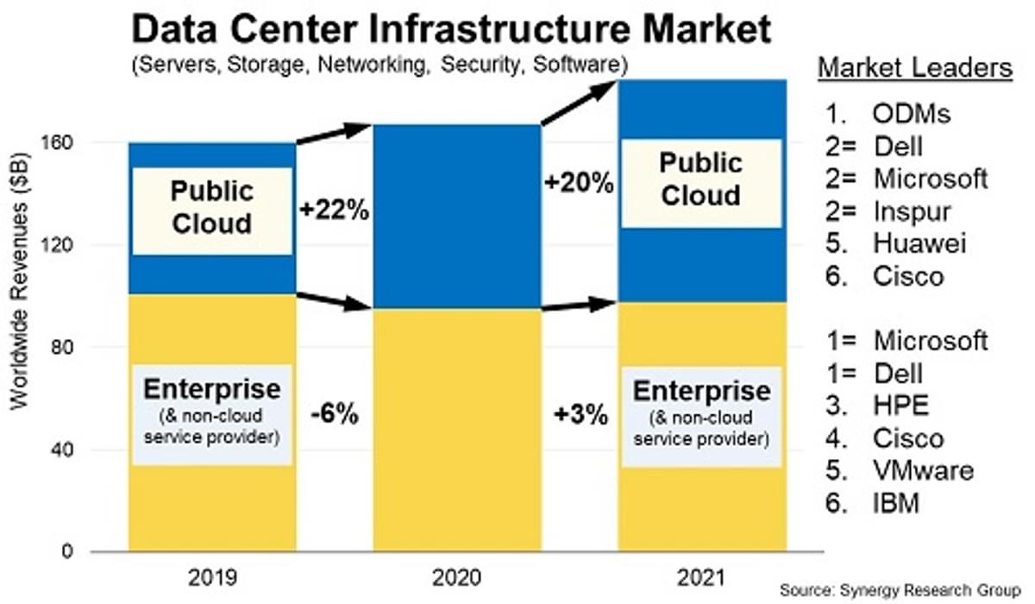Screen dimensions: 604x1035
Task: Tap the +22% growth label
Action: (x=335, y=210)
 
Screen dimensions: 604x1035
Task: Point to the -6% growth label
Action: (x=334, y=414)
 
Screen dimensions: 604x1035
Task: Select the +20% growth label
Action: (x=579, y=182)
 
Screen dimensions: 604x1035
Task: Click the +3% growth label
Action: (x=580, y=414)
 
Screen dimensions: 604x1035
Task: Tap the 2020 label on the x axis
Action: (x=457, y=576)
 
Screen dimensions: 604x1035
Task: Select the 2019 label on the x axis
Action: (x=212, y=576)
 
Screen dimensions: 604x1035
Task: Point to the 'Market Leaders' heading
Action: (x=914, y=68)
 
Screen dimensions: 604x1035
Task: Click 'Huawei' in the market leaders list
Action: (x=920, y=243)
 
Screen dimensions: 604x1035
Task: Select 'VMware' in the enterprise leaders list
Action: (x=924, y=470)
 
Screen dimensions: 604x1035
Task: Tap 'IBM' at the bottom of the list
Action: (x=897, y=503)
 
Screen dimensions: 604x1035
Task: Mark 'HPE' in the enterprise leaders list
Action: (x=902, y=406)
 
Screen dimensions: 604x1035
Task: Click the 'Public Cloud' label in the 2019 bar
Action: (x=211, y=207)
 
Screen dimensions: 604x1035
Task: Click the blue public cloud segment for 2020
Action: (x=457, y=216)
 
